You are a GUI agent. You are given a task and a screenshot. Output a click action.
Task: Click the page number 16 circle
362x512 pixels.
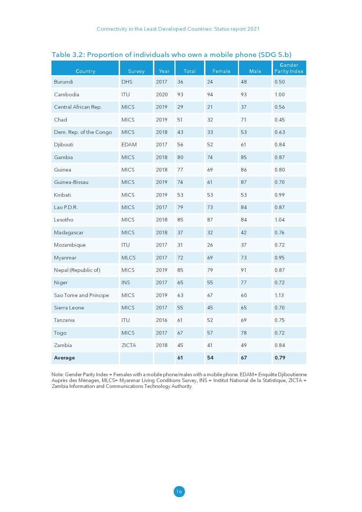(179, 492)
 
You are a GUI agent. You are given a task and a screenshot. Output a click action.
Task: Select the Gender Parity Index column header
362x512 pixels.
(289, 68)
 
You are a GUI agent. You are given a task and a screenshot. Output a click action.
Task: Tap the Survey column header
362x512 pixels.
(136, 71)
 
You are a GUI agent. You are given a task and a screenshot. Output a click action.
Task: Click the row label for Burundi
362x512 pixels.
(63, 82)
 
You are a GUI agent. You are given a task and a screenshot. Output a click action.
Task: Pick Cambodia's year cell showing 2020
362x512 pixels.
(162, 95)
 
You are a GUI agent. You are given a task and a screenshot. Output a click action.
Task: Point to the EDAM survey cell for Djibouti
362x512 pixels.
(129, 145)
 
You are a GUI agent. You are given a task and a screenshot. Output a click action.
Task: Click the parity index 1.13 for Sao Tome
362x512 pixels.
(279, 295)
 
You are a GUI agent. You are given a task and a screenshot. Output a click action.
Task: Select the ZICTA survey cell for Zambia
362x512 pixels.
(129, 345)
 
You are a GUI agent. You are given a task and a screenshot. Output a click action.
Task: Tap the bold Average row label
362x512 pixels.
(64, 358)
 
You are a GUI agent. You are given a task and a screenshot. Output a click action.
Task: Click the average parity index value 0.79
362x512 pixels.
(280, 358)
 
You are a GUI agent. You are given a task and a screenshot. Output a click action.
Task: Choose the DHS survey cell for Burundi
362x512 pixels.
(127, 82)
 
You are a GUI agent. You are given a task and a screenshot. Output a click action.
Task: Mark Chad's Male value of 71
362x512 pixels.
(243, 120)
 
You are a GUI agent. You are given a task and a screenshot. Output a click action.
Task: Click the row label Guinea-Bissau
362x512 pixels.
(71, 182)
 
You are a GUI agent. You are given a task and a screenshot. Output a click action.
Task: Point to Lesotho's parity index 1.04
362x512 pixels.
(280, 220)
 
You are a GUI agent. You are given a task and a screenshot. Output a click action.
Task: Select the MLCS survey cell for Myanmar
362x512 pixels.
(128, 258)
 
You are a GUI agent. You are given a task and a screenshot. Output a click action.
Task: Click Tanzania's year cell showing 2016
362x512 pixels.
(162, 320)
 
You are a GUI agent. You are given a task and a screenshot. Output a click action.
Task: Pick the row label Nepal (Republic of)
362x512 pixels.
(77, 270)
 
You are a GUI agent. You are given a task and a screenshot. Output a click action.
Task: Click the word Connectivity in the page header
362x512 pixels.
(112, 29)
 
